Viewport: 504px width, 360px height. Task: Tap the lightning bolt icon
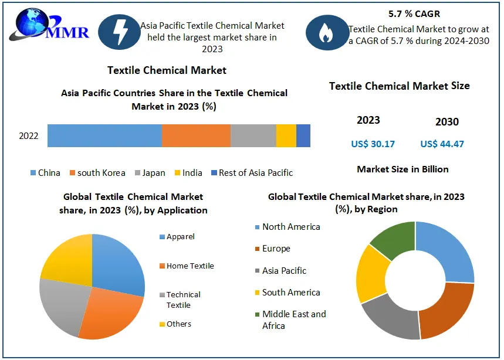tap(119, 31)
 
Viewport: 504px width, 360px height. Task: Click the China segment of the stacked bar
tap(104, 135)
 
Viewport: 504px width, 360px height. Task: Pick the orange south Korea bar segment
tap(196, 135)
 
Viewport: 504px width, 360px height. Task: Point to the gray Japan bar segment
tap(253, 135)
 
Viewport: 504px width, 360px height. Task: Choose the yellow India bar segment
tap(286, 135)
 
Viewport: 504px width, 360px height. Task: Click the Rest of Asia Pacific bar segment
tap(303, 135)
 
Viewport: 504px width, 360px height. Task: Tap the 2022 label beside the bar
tap(29, 136)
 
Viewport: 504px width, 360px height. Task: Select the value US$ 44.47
tap(442, 144)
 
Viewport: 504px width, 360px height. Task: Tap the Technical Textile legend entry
tap(182, 300)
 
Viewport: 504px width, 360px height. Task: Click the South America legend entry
tap(291, 292)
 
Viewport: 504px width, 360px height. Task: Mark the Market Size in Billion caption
tap(402, 169)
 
